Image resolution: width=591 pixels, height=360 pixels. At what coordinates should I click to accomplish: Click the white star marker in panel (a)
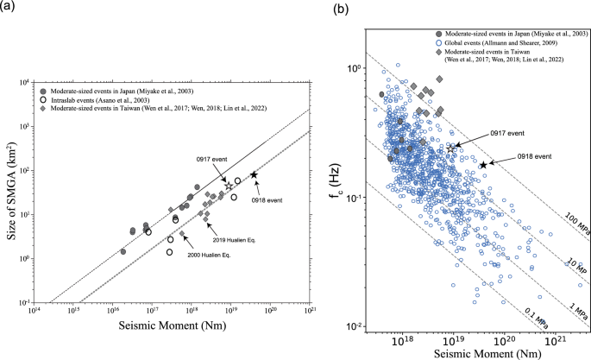pyautogui.click(x=229, y=186)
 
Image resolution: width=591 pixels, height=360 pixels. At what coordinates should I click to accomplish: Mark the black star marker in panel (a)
pyautogui.click(x=255, y=174)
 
